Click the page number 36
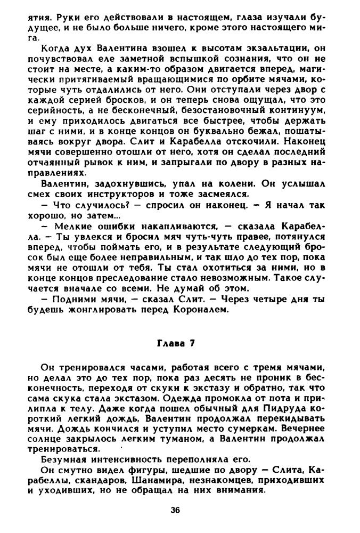[x=175, y=510]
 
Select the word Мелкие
[x=68, y=226]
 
